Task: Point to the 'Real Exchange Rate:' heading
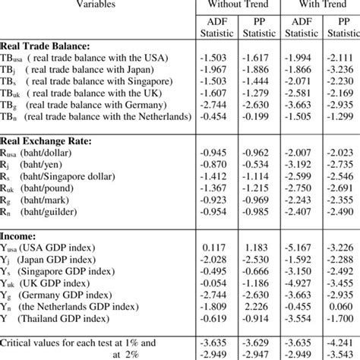(x=53, y=141)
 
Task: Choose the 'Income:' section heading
(x=26, y=236)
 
